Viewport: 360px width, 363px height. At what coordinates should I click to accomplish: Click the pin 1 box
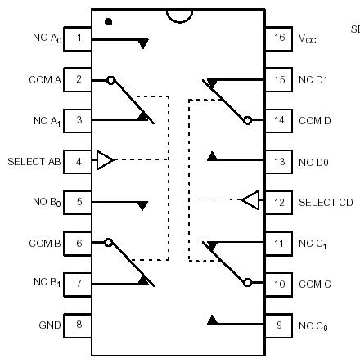click(78, 38)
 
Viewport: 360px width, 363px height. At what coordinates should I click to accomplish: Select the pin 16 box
click(279, 38)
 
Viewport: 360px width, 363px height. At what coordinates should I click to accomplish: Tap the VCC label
click(307, 39)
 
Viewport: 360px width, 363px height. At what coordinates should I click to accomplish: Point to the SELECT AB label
click(34, 161)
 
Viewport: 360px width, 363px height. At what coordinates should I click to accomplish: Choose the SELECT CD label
click(325, 202)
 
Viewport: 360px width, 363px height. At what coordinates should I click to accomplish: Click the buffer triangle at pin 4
click(105, 160)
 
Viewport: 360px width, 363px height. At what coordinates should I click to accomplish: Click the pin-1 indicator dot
click(109, 20)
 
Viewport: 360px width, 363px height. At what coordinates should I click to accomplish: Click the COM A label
click(45, 79)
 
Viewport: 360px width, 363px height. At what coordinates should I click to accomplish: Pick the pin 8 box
click(78, 325)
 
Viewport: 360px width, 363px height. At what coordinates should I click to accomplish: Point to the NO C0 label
click(313, 325)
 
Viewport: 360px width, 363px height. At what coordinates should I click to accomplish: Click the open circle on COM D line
click(247, 120)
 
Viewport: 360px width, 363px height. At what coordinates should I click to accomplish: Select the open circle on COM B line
click(109, 242)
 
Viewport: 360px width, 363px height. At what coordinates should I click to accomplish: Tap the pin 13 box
click(279, 161)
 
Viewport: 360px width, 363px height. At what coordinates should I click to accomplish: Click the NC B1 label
click(47, 284)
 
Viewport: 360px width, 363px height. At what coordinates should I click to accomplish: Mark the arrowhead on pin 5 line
click(142, 205)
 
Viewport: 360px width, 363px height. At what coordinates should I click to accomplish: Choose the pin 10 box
click(279, 284)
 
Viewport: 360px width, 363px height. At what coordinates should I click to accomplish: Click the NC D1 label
click(313, 80)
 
